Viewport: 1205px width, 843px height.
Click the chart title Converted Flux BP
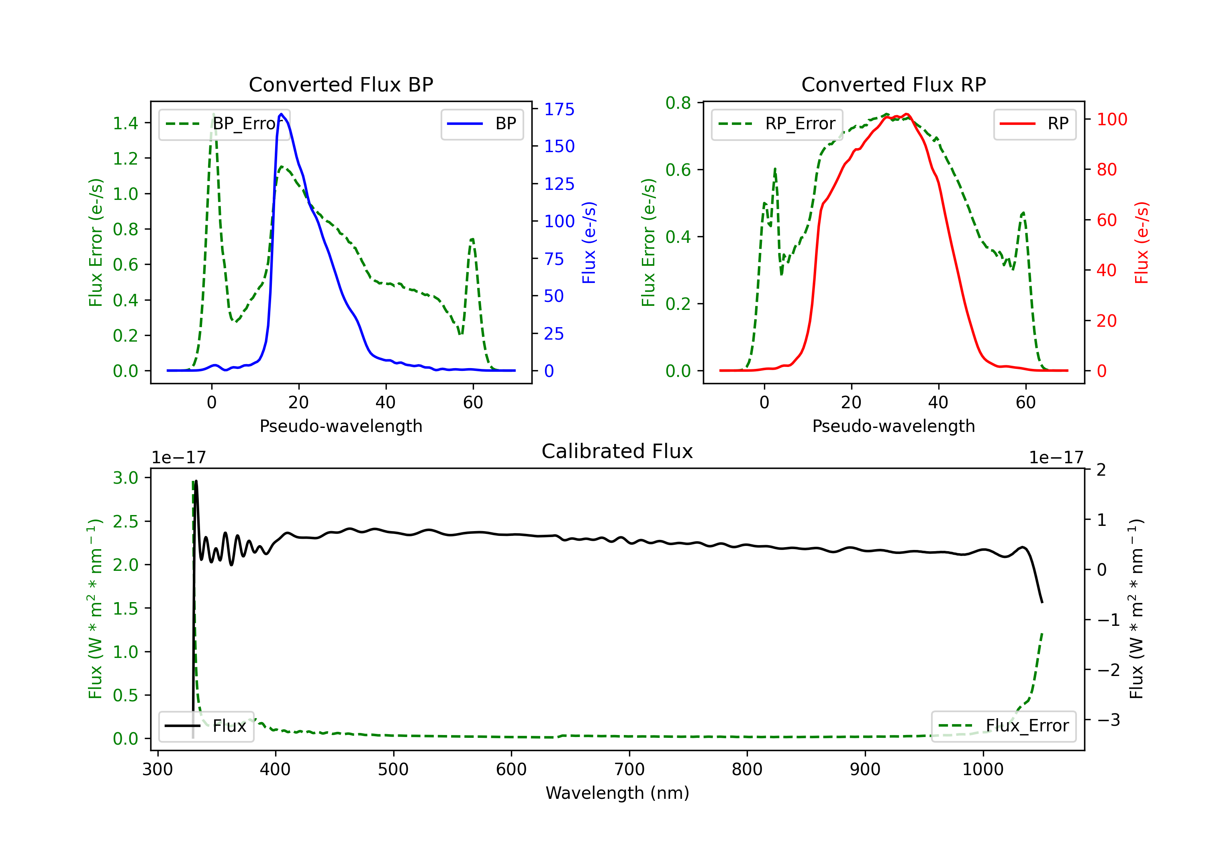(341, 84)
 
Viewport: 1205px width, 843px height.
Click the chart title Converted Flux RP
(893, 84)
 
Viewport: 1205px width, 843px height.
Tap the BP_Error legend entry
(225, 124)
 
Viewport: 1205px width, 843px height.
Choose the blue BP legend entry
(482, 124)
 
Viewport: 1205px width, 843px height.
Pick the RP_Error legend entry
(777, 124)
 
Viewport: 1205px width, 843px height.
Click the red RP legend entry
(1034, 124)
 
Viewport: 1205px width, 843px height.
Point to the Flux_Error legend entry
(1003, 726)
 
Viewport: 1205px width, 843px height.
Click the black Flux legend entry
(206, 726)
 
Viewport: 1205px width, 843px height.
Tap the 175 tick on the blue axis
(559, 109)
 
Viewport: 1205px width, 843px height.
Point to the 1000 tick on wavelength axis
(982, 770)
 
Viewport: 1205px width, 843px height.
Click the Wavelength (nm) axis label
(617, 793)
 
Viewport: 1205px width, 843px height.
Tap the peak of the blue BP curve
(281, 114)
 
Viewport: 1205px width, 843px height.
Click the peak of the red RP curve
(907, 114)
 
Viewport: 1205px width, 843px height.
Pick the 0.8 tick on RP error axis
(678, 103)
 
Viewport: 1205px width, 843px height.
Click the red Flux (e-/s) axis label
(1142, 242)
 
